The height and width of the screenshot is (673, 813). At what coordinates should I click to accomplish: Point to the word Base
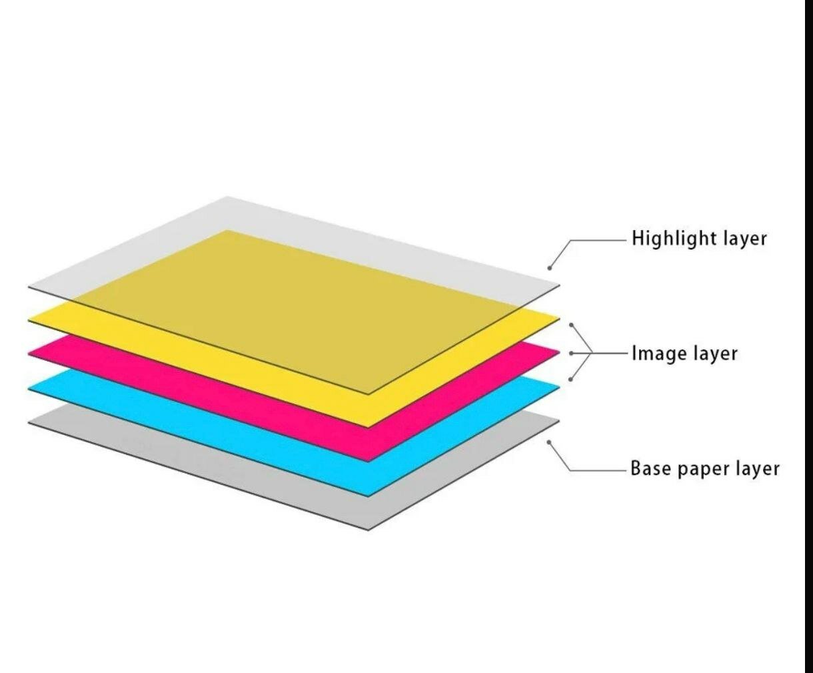click(x=650, y=468)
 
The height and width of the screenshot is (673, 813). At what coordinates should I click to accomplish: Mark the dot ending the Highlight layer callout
click(x=550, y=268)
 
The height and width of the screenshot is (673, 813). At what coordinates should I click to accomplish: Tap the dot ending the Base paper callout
click(x=549, y=442)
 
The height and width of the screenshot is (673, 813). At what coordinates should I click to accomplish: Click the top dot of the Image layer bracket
click(x=571, y=325)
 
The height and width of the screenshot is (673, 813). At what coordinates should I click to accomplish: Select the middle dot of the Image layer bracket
click(x=571, y=353)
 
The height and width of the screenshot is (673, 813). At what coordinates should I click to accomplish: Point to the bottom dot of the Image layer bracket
click(x=570, y=380)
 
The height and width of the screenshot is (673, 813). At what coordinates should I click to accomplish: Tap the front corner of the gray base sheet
click(x=369, y=529)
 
